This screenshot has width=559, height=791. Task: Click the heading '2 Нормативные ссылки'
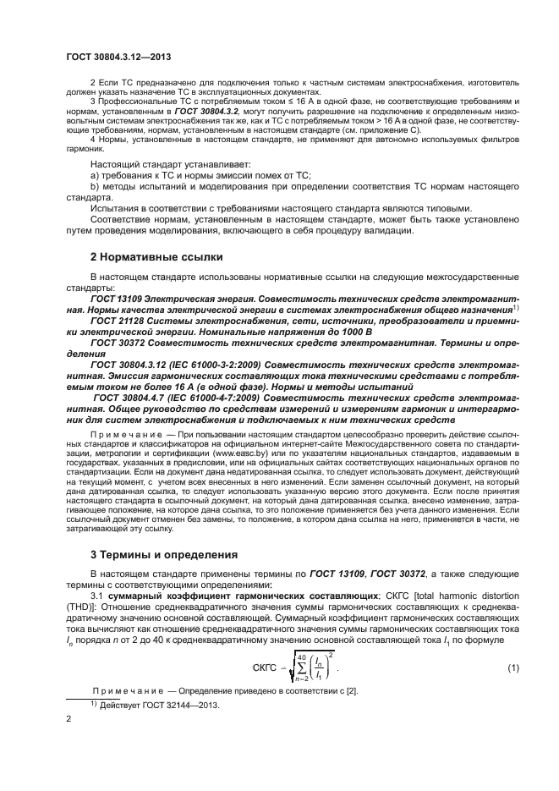(156, 255)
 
